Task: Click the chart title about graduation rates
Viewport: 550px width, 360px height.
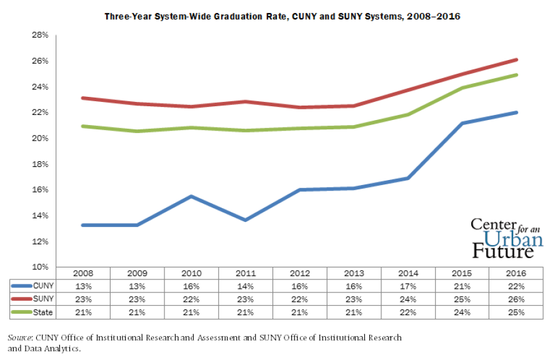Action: (281, 17)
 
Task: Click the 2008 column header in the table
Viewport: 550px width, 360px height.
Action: (83, 273)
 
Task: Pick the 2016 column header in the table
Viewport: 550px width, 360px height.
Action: (517, 273)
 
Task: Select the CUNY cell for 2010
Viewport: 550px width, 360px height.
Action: (191, 286)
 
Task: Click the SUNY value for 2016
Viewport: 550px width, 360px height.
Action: (517, 298)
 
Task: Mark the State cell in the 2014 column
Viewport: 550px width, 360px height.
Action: (408, 311)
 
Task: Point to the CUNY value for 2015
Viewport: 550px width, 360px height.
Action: (462, 286)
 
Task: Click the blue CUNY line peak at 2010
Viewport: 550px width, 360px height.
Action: (191, 196)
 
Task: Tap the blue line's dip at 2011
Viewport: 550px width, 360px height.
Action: (246, 220)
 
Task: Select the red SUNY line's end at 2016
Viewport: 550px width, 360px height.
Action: (516, 59)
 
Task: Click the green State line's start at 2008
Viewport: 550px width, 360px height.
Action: (83, 126)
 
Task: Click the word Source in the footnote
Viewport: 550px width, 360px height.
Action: (19, 337)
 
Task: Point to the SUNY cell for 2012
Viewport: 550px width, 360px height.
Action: (300, 298)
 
